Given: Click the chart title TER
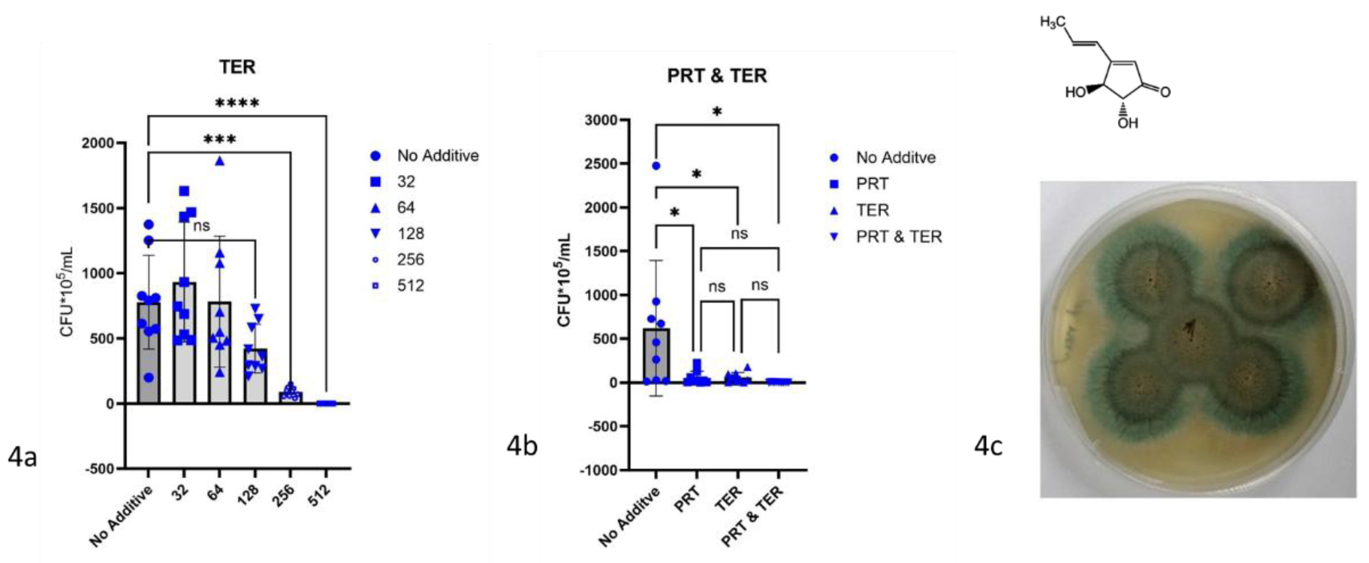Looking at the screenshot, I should (x=237, y=67).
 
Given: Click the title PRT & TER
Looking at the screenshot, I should (x=717, y=76).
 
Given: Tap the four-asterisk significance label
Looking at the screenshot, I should (x=237, y=103).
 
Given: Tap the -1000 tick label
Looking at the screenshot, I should (x=599, y=470).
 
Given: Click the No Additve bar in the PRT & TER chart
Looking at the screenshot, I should (x=656, y=356).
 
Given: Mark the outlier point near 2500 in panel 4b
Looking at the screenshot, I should (x=656, y=166).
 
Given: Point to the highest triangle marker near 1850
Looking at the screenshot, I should (x=220, y=162).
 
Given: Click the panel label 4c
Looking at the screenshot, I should (x=989, y=447).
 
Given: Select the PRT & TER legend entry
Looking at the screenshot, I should (x=898, y=236).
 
